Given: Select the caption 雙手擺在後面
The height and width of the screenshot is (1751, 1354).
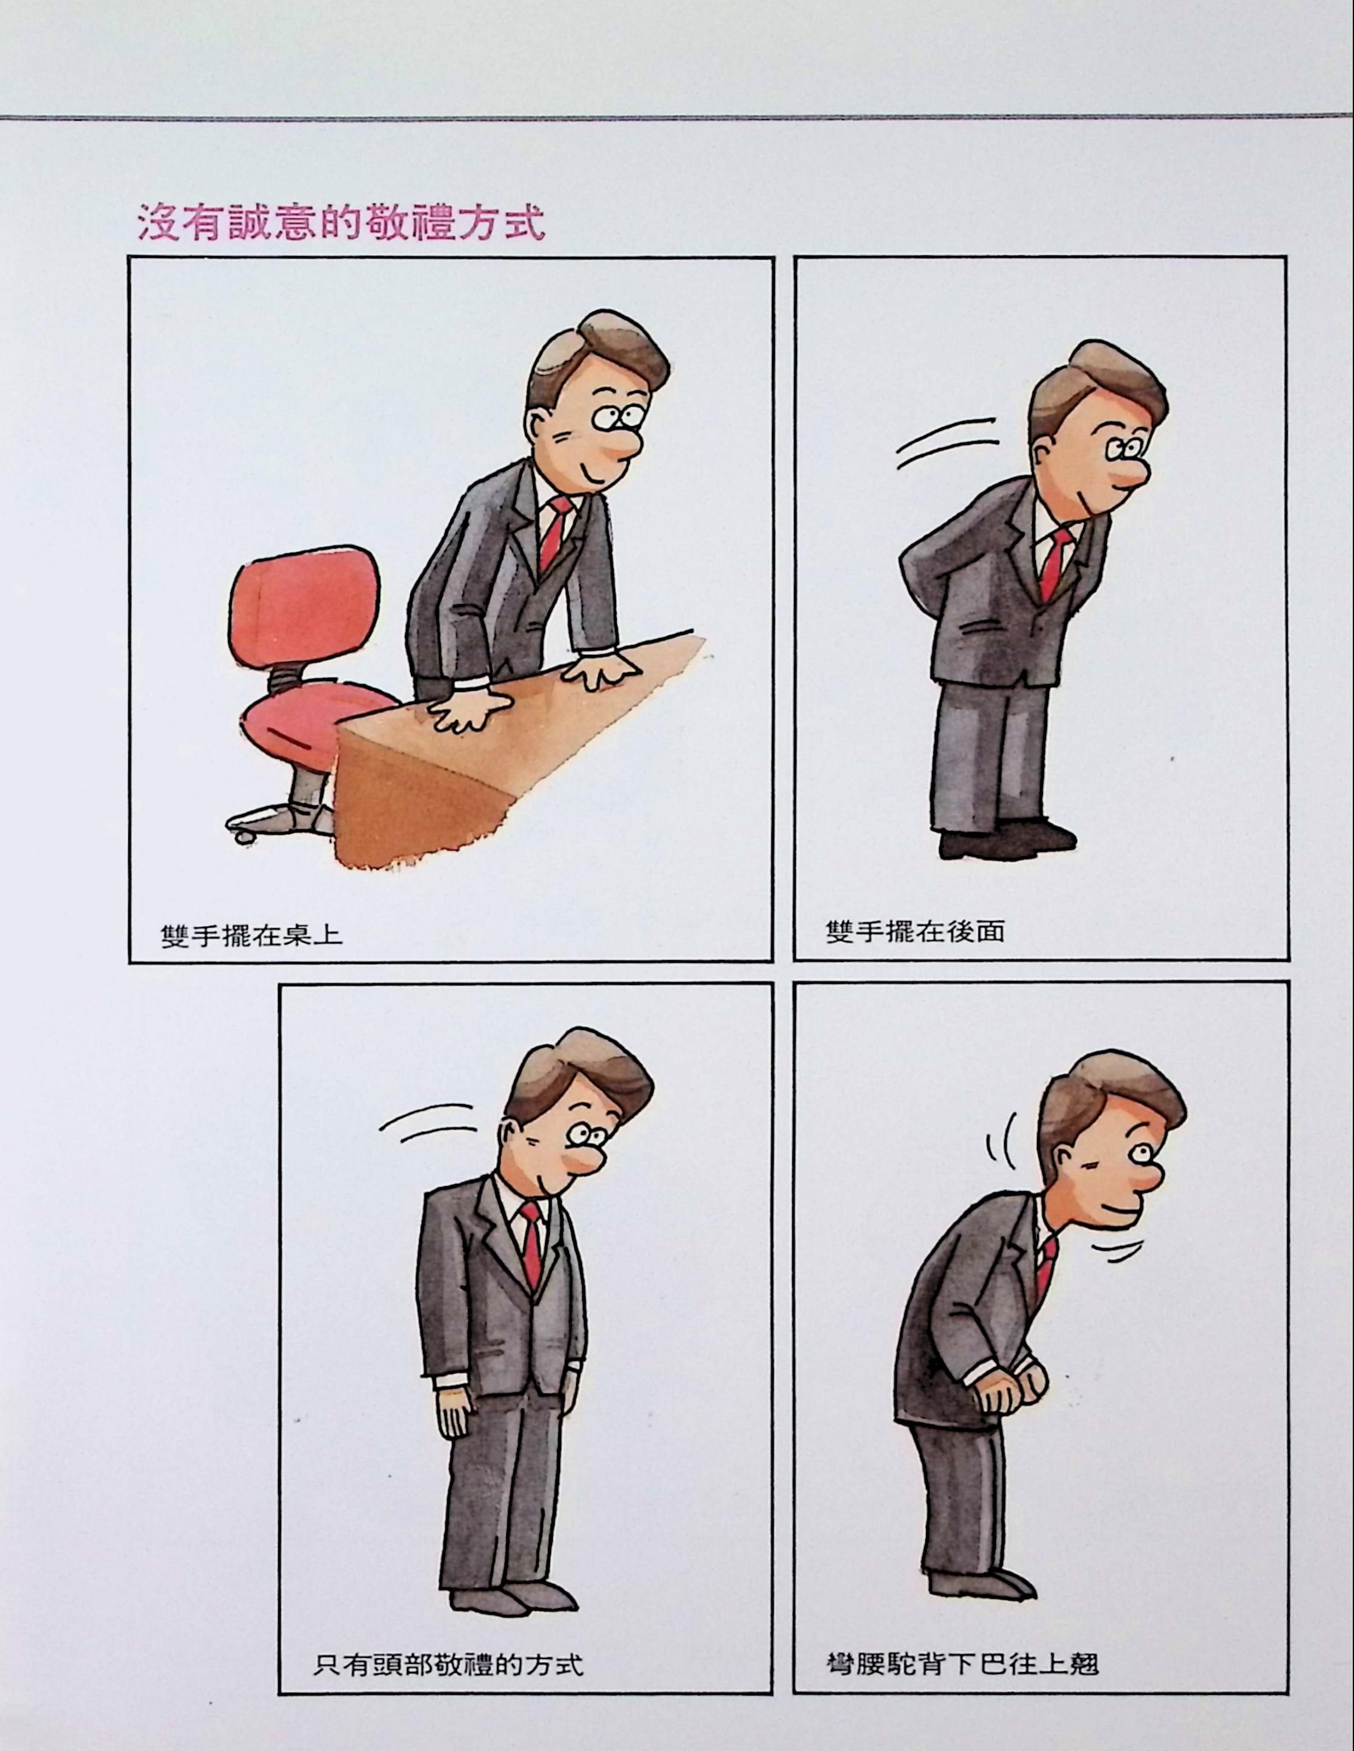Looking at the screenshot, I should pos(915,933).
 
